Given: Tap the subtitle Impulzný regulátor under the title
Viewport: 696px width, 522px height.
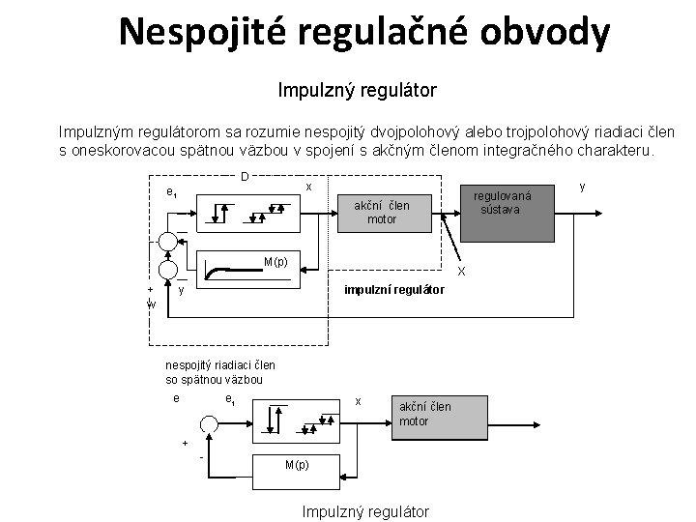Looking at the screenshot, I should click(x=357, y=91).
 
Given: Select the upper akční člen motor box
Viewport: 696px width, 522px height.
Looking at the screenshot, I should click(x=381, y=212).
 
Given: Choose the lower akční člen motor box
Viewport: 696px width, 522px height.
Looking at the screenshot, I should click(x=420, y=414).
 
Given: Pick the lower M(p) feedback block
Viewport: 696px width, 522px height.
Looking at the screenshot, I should click(x=296, y=465).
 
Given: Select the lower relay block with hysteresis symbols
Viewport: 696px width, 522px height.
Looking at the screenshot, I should click(x=295, y=418).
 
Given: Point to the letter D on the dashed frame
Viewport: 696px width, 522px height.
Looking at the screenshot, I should click(x=245, y=177).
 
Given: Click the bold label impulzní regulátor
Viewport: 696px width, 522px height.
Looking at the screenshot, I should click(x=395, y=289).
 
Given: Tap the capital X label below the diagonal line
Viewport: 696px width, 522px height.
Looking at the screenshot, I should click(x=461, y=271).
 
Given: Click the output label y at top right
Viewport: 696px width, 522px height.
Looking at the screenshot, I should click(x=582, y=183).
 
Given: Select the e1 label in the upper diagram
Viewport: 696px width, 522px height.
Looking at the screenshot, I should click(x=171, y=192).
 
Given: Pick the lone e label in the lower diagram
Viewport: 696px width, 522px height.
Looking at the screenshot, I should click(x=175, y=398).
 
